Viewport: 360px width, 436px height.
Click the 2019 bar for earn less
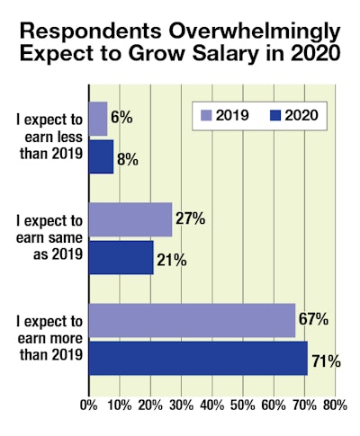tap(98, 118)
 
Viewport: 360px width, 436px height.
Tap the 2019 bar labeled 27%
tap(130, 219)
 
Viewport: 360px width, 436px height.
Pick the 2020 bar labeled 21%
tap(121, 256)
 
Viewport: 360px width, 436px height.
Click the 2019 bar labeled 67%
tap(192, 320)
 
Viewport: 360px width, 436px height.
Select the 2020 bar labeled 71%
tap(198, 358)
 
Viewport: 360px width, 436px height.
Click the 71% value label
tap(326, 361)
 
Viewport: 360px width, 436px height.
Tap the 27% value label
tap(189, 218)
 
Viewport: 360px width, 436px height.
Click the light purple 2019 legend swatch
tap(205, 114)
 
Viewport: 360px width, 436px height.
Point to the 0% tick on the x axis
tap(88, 405)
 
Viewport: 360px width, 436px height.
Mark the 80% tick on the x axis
tap(334, 405)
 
